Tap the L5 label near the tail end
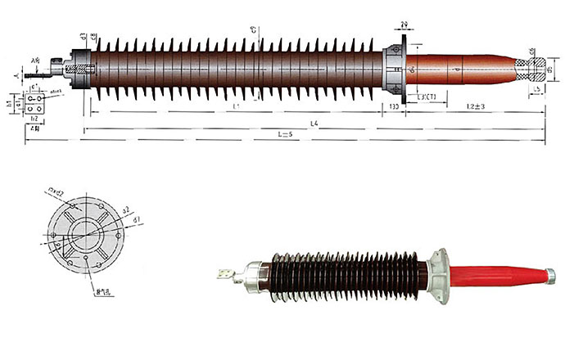(536, 87)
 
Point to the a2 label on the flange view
(124, 210)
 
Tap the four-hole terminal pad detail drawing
(35, 103)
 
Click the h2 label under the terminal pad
(34, 119)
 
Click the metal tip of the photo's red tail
(550, 272)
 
